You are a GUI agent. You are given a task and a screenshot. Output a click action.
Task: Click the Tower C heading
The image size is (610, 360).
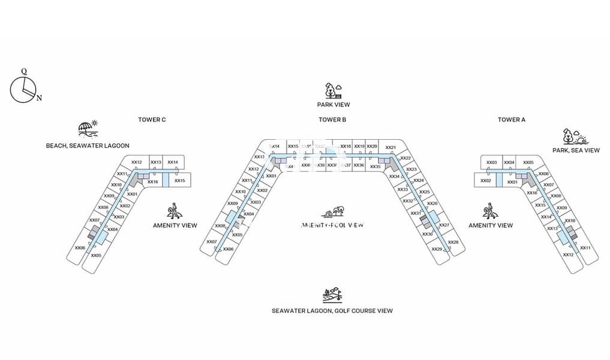click(152, 120)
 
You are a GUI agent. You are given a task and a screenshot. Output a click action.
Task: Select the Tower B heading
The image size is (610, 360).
click(332, 120)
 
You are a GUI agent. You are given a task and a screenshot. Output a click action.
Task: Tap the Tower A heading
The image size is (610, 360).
click(511, 120)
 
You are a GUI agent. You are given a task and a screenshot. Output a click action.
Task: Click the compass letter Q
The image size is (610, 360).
click(24, 71)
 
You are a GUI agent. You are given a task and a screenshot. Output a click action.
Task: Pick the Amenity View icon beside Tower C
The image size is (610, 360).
click(174, 211)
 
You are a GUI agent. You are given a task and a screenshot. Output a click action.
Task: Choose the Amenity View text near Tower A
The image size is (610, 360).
click(490, 226)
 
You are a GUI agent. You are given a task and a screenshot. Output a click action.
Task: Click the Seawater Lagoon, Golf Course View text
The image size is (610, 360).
click(332, 311)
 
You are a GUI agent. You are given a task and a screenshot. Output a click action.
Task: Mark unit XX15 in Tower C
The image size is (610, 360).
click(179, 180)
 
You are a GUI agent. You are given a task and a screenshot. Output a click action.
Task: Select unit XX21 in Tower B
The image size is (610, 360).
click(390, 148)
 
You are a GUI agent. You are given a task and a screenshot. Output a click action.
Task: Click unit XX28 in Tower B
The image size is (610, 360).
click(453, 242)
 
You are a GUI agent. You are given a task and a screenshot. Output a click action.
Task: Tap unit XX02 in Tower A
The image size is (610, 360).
click(485, 180)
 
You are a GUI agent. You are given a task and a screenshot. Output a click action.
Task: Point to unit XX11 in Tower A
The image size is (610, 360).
click(585, 248)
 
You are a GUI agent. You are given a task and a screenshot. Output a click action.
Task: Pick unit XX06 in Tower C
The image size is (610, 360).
click(80, 248)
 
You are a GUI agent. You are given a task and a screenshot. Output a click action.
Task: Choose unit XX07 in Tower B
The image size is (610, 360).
click(211, 242)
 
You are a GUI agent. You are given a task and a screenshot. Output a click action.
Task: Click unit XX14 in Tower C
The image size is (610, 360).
click(173, 162)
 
